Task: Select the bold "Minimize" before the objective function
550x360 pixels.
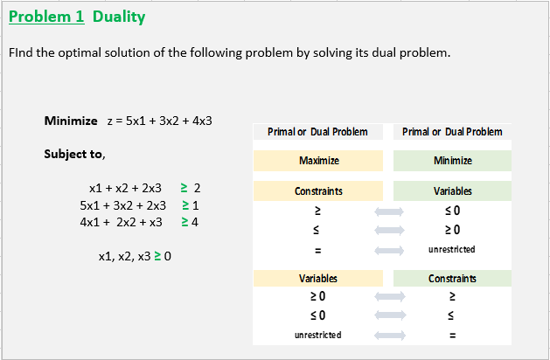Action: pos(71,120)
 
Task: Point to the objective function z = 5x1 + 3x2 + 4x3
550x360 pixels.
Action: pos(160,121)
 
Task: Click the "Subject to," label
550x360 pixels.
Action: pos(75,154)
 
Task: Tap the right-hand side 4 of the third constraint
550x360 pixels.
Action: pos(195,222)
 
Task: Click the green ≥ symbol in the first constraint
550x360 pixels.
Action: pos(184,188)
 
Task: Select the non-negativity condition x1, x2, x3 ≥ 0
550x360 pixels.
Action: pos(136,257)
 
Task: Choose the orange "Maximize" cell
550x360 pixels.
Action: pos(318,161)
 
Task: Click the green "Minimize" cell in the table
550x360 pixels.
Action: pos(452,161)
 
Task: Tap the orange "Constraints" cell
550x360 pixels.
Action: pos(318,190)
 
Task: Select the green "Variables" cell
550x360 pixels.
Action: pos(452,190)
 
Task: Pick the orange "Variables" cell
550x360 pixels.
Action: pos(318,279)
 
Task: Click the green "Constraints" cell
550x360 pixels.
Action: pos(452,279)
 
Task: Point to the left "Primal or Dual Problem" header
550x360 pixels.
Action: pos(318,132)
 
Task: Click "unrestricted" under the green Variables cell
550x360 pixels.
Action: pos(452,250)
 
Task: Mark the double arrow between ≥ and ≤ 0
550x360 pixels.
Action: pos(388,211)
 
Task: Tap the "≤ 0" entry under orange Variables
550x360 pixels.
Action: pos(318,315)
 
